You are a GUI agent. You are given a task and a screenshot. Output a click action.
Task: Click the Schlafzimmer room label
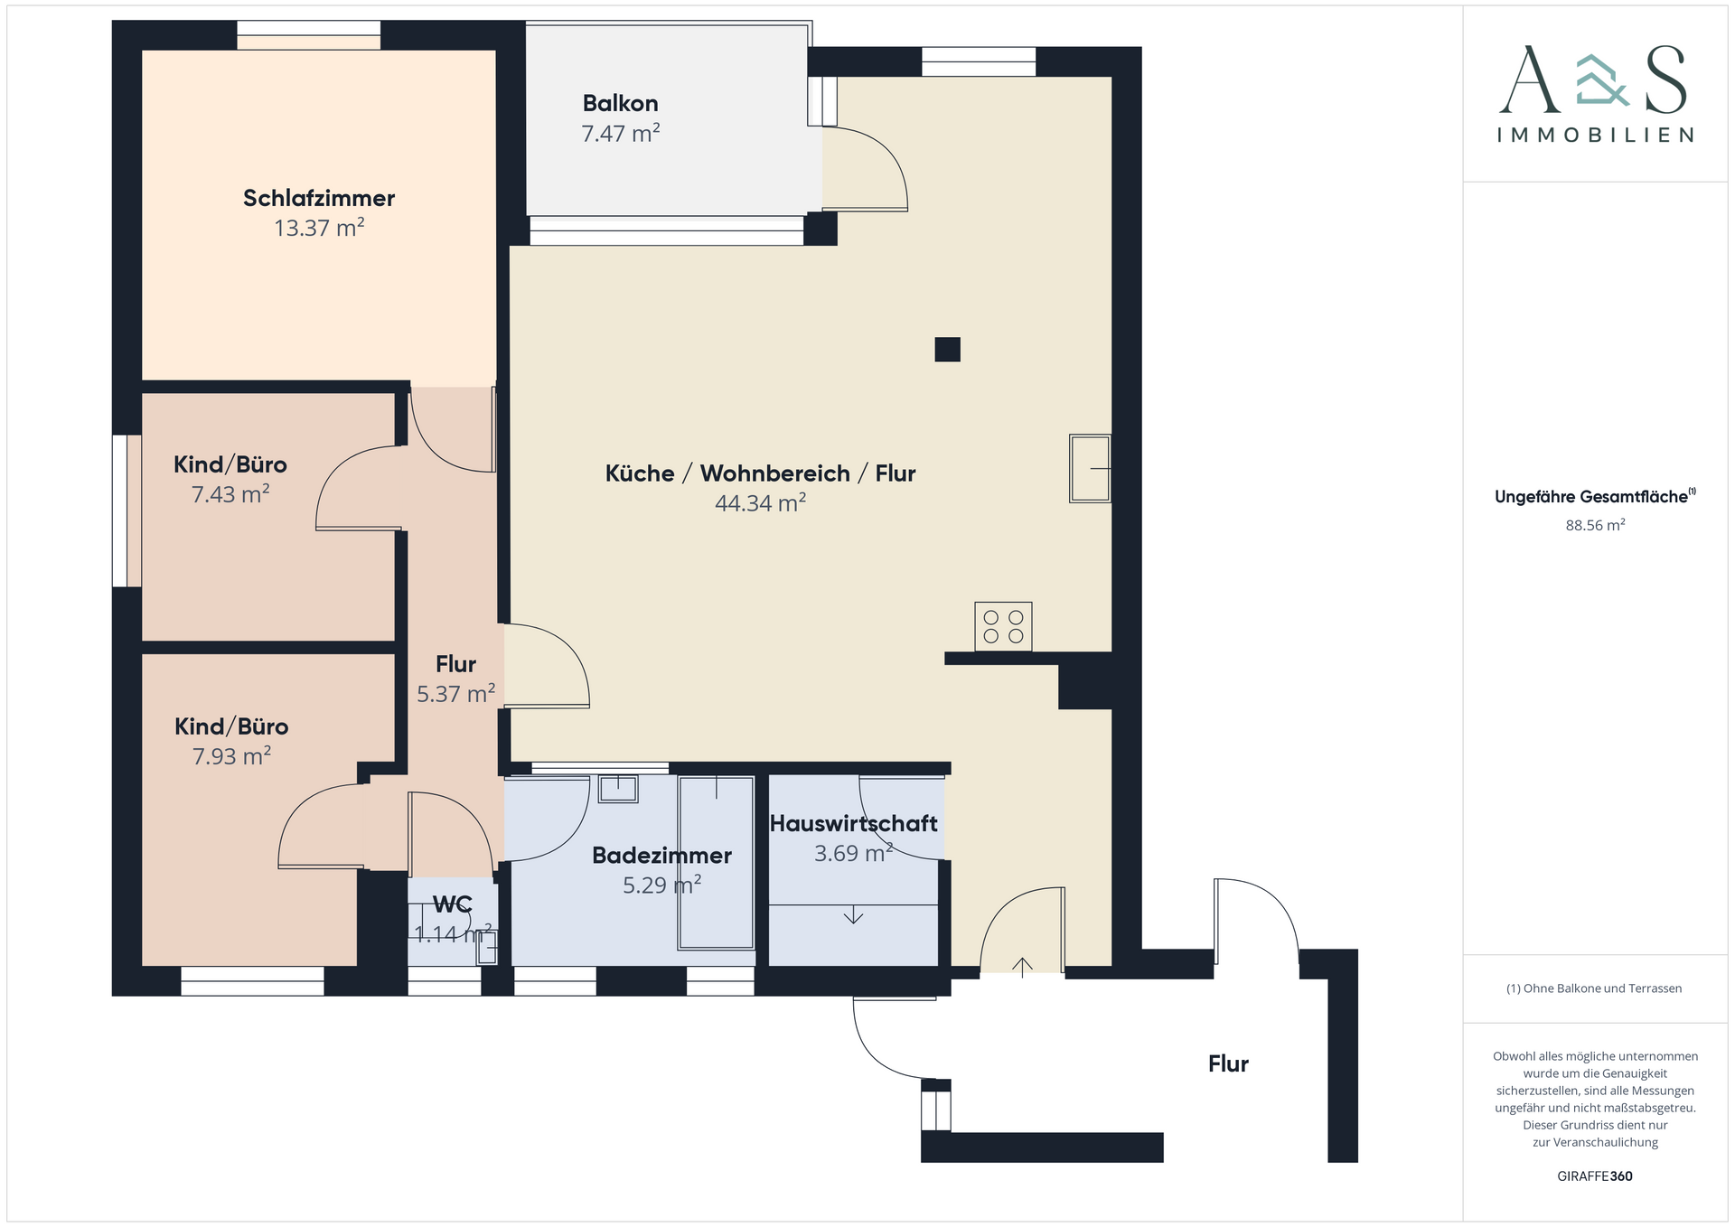point(319,198)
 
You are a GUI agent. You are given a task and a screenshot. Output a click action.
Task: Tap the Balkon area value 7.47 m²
point(620,134)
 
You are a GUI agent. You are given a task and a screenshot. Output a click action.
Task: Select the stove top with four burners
point(1003,626)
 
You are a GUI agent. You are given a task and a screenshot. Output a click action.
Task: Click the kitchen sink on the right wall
point(1090,468)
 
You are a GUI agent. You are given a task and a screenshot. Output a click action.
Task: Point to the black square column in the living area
point(947,349)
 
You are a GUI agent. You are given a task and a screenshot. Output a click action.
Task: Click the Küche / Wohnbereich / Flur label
point(760,473)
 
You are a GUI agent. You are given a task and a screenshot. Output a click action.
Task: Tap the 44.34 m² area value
point(760,503)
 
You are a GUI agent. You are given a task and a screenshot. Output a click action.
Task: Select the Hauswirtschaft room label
point(853,823)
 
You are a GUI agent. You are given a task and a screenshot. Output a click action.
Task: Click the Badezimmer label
point(661,855)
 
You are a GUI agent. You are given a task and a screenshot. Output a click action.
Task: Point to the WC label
point(452,904)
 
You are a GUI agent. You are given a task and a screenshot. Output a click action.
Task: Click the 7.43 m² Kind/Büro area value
point(230,494)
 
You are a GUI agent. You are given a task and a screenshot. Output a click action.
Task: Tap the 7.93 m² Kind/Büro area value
point(231,756)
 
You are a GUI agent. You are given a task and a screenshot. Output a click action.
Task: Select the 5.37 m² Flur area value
point(455,694)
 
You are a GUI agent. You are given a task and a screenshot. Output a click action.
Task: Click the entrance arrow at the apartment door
point(1022,968)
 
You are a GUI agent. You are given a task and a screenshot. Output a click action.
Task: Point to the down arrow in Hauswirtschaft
point(853,914)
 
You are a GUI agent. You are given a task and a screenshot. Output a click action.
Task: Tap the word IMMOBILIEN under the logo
point(1595,136)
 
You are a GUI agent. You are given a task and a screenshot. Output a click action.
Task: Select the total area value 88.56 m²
point(1595,525)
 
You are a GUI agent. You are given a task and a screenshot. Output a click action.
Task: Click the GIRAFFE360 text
point(1595,1176)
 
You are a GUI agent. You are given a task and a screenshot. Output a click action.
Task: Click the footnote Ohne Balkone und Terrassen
point(1594,988)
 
